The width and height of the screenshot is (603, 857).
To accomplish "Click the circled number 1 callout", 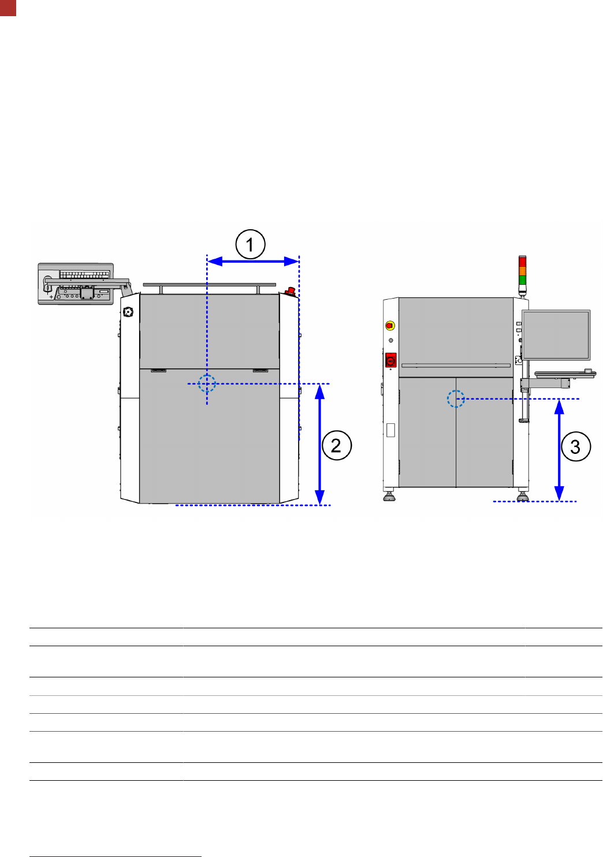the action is click(x=250, y=244).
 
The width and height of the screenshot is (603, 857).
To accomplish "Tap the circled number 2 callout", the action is click(x=337, y=445).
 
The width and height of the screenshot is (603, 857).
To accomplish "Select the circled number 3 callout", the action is click(x=576, y=446).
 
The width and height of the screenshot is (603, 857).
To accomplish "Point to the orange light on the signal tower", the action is click(x=522, y=271).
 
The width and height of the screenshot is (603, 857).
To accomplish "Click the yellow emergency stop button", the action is click(x=390, y=326).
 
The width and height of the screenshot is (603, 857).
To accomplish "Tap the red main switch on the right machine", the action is click(x=390, y=360).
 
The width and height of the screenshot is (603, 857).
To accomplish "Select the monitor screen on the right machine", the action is click(x=556, y=335).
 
